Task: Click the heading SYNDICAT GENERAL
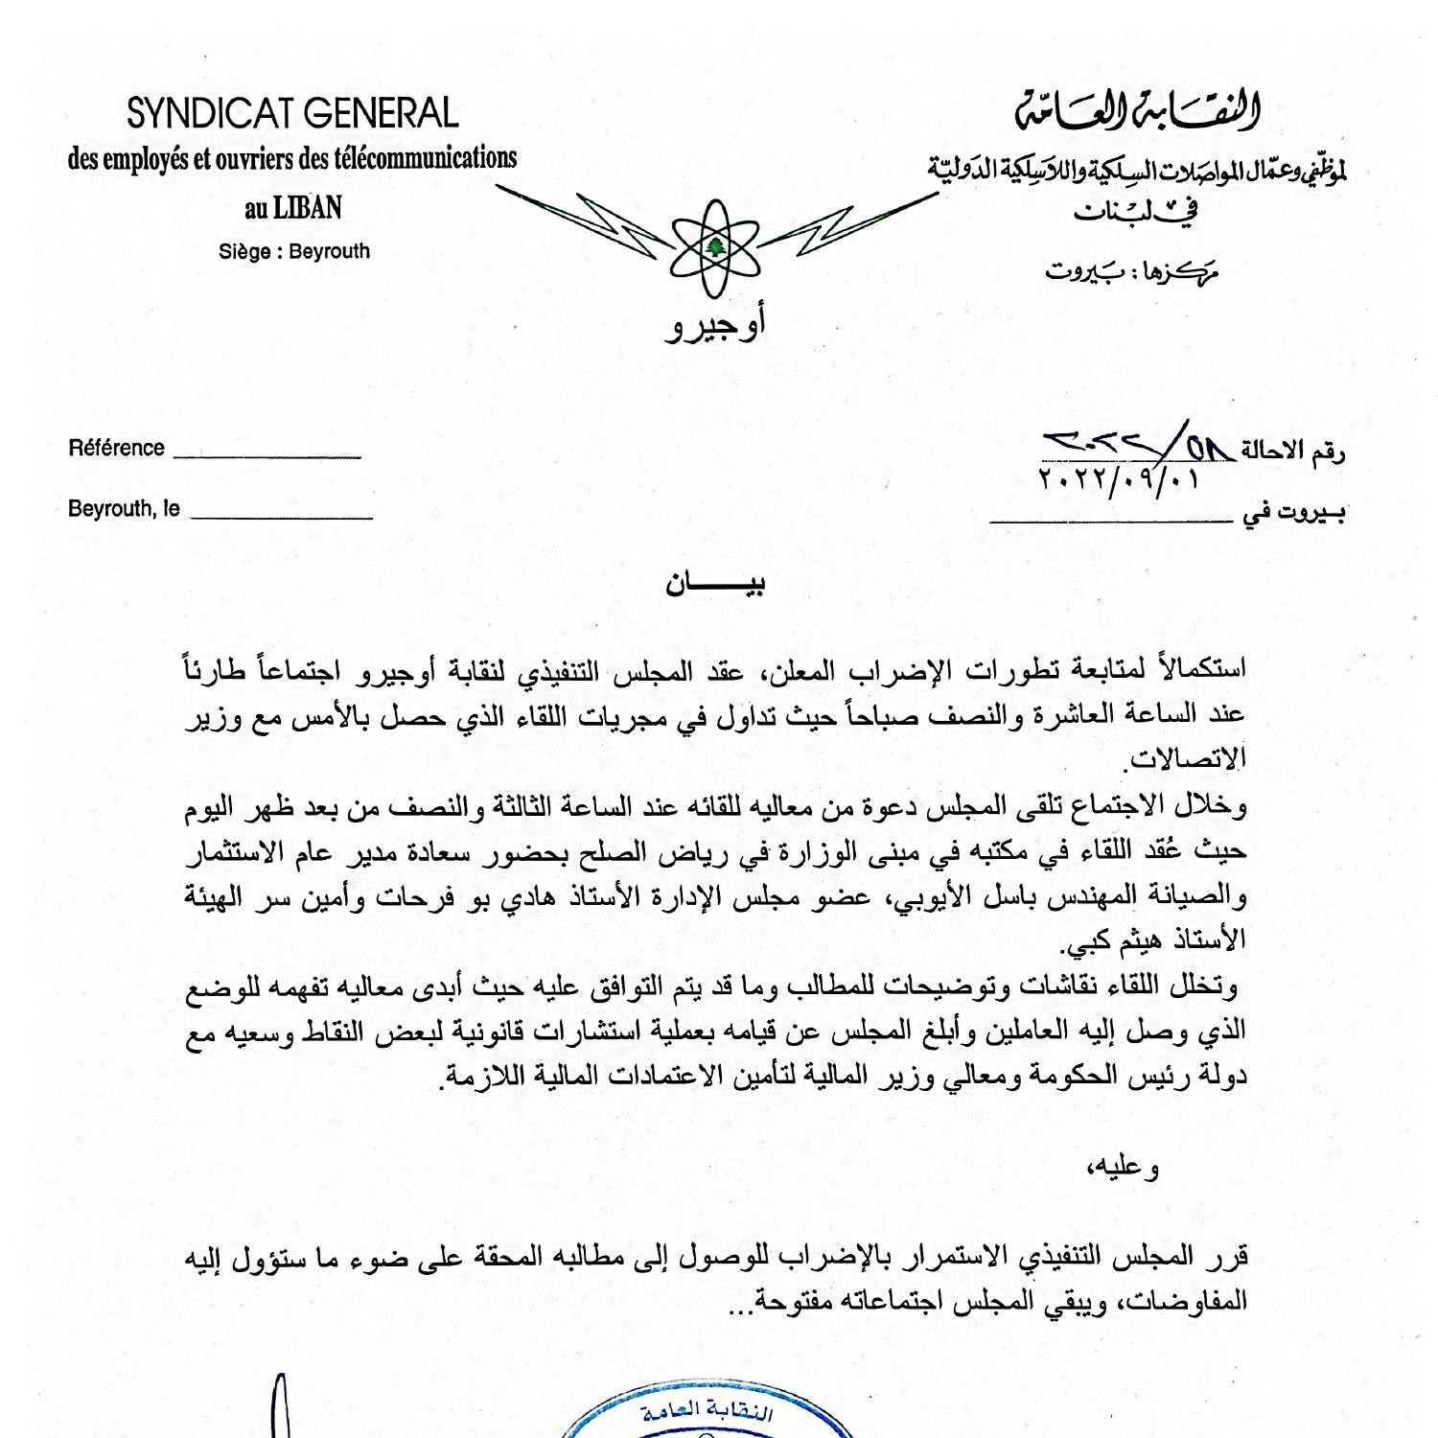click(292, 114)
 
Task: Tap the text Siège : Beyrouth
click(293, 252)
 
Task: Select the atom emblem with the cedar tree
click(715, 248)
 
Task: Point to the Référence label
click(116, 448)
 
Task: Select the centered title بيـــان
click(715, 584)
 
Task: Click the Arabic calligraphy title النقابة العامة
click(1137, 112)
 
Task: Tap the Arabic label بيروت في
click(1293, 514)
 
